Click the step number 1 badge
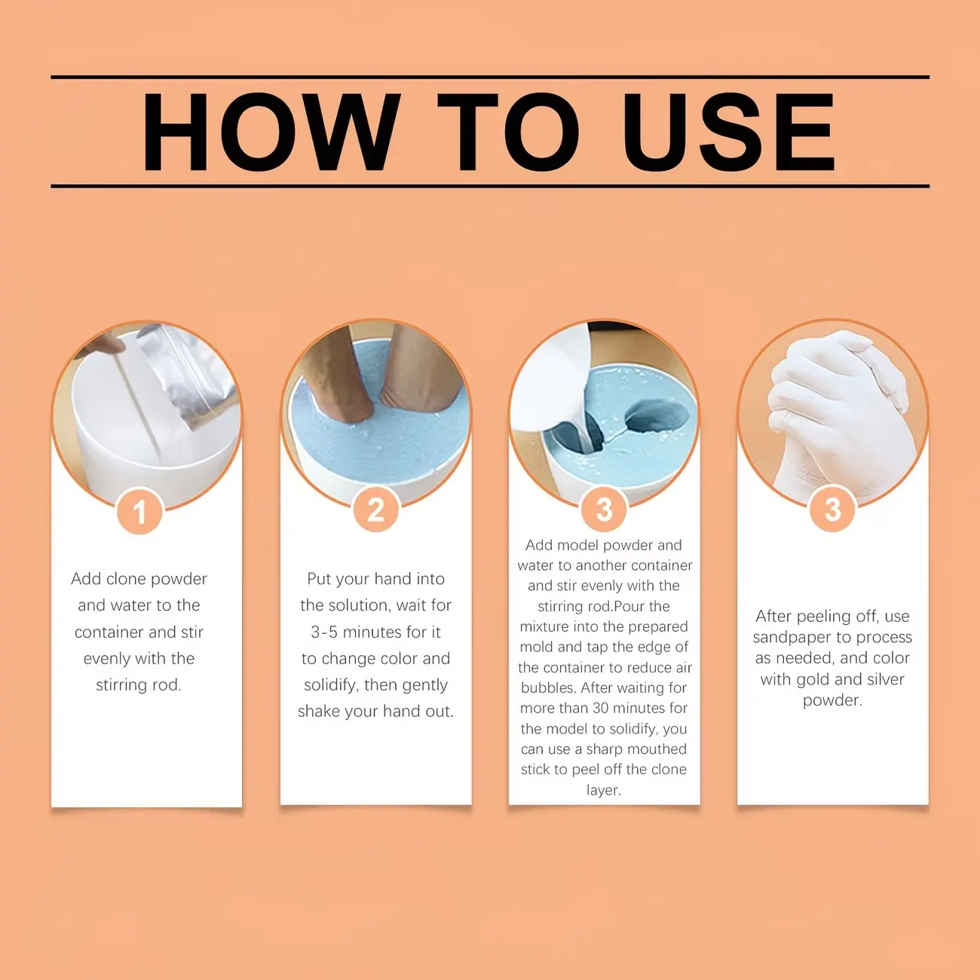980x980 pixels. tap(139, 510)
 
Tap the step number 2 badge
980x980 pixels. tap(375, 509)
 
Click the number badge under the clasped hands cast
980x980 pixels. tap(832, 509)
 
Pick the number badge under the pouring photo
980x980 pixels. tap(604, 509)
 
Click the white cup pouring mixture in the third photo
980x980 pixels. tap(552, 387)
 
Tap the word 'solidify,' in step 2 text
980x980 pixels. tap(332, 685)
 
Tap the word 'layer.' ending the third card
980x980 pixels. tap(604, 790)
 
